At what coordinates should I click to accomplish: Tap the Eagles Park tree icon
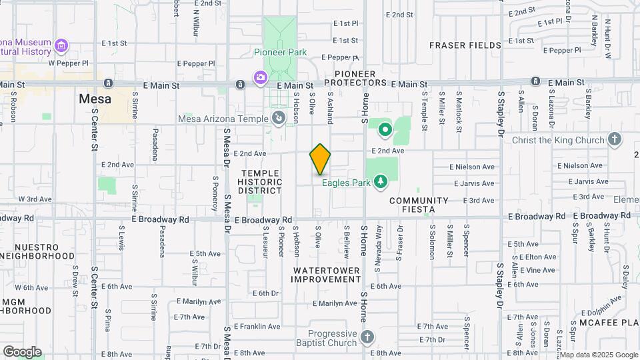tap(380, 181)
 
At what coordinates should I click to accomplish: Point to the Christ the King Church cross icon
tap(615, 140)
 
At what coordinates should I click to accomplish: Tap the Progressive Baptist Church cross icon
tap(367, 338)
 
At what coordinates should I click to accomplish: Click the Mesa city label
tap(95, 99)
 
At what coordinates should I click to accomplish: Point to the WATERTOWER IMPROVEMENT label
tap(326, 275)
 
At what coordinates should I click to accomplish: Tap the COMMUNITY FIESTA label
tap(419, 205)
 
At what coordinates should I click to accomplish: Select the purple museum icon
tap(61, 46)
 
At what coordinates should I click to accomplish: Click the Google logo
tap(21, 352)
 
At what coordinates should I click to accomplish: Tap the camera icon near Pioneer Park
tap(260, 78)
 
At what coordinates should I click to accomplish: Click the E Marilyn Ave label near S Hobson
tap(335, 303)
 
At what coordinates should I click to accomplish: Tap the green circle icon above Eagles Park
tap(385, 129)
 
